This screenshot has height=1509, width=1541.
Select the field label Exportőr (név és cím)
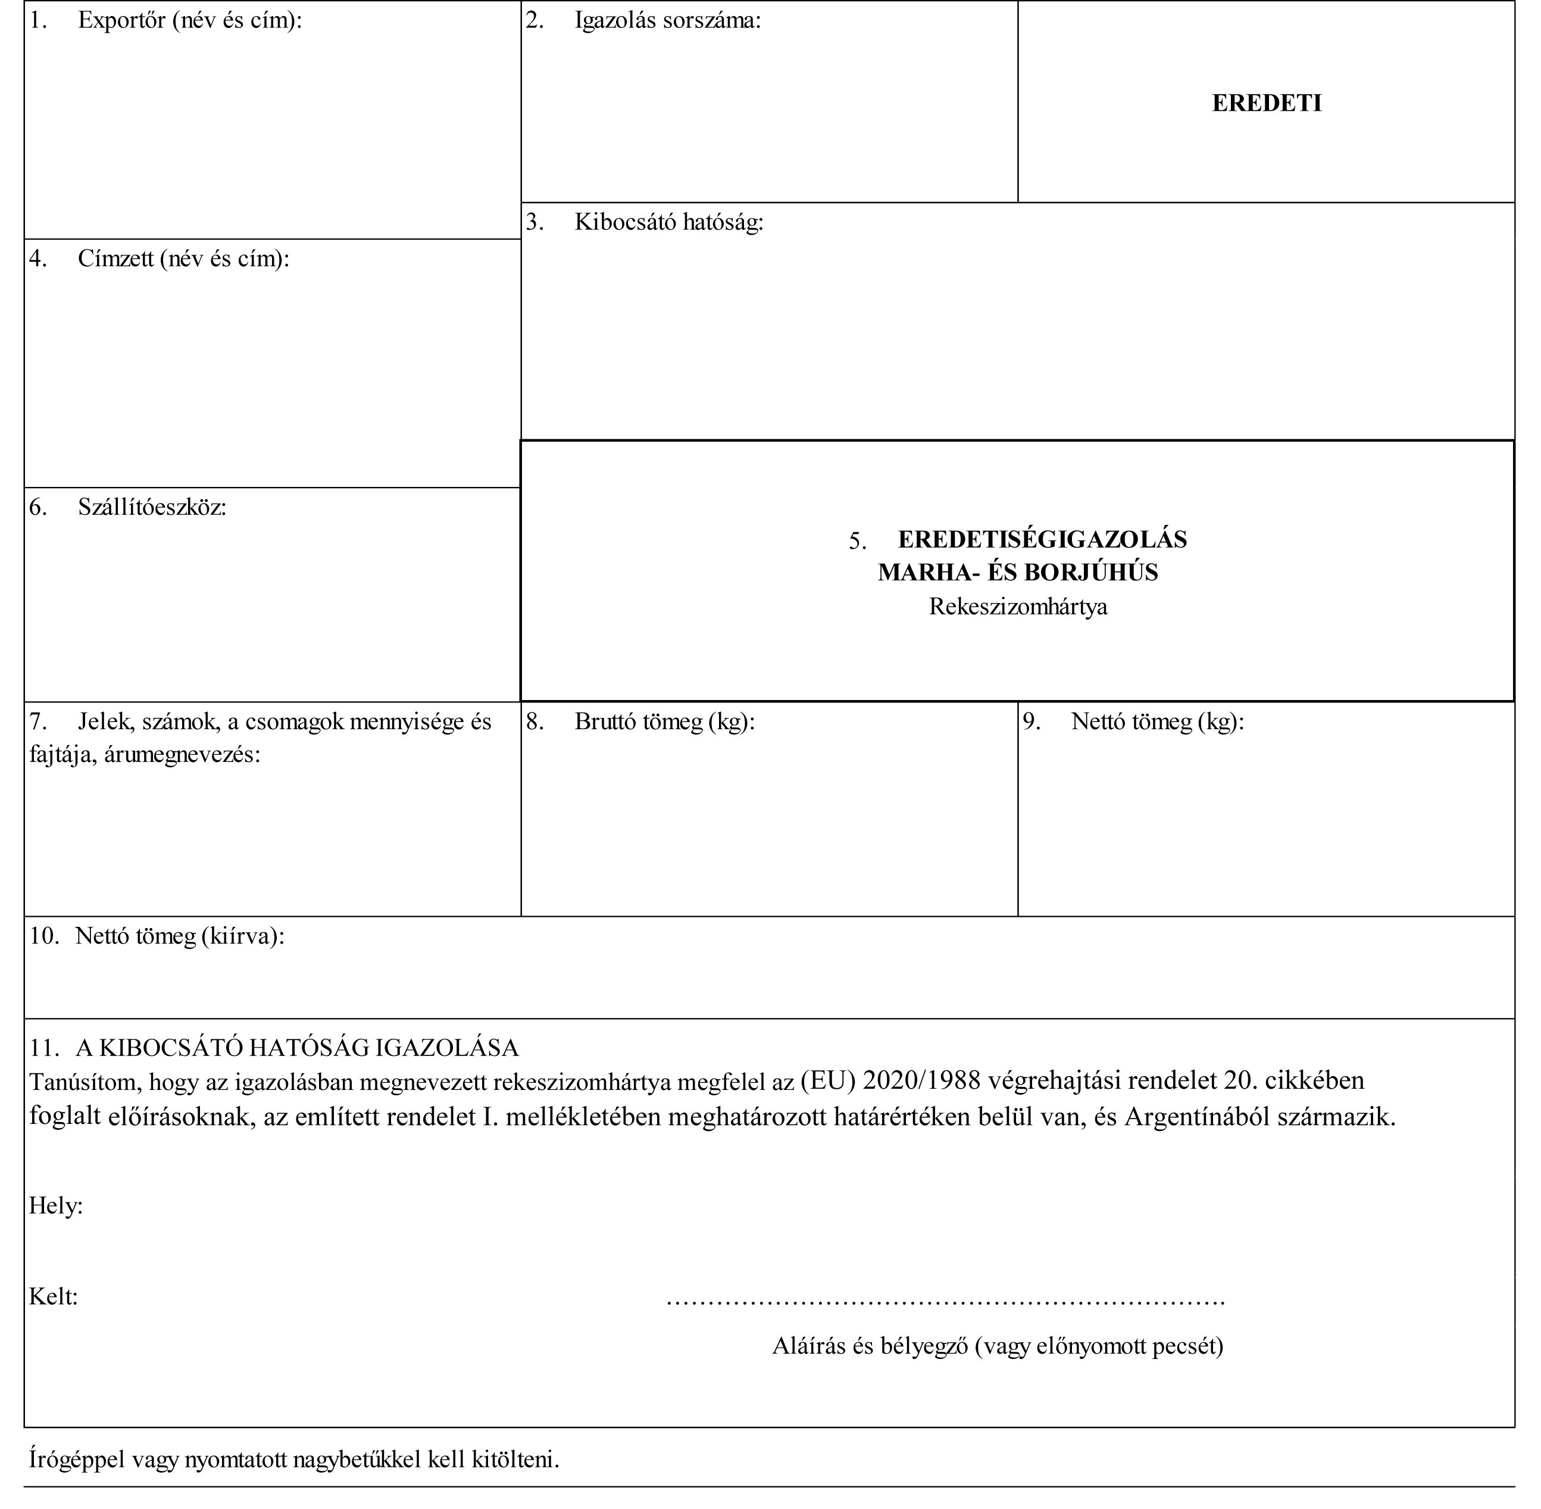189,21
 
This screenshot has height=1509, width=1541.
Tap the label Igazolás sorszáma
667,21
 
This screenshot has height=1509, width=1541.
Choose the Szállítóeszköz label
152,507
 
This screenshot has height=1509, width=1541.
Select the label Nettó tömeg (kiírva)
180,937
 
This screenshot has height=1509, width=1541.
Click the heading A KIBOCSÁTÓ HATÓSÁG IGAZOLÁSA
297,1048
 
